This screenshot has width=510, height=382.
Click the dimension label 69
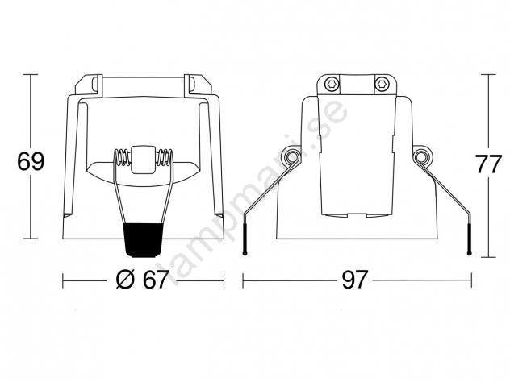[31, 161]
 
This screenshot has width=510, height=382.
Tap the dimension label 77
[488, 164]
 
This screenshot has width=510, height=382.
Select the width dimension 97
[355, 280]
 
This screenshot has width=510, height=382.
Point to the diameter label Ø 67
[142, 280]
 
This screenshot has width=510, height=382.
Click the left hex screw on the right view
[332, 84]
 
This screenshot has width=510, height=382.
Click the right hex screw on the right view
[382, 84]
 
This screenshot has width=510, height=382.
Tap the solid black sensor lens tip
[144, 240]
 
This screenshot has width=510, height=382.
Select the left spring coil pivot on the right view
[291, 157]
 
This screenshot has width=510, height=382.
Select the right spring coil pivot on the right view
[422, 157]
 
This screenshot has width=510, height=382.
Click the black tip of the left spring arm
[245, 236]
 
